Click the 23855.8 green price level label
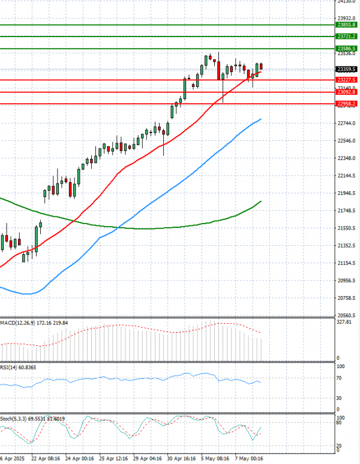[347, 25]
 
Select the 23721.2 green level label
[347, 37]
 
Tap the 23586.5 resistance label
[347, 49]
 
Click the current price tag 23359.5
[347, 69]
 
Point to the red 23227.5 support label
[347, 80]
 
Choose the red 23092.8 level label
[347, 92]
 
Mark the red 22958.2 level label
[347, 104]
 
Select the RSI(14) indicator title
[11, 367]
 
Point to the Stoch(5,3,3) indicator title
[16, 418]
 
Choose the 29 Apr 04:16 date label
[148, 459]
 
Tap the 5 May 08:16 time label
[215, 459]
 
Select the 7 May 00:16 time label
[249, 459]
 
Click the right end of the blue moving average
[261, 119]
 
